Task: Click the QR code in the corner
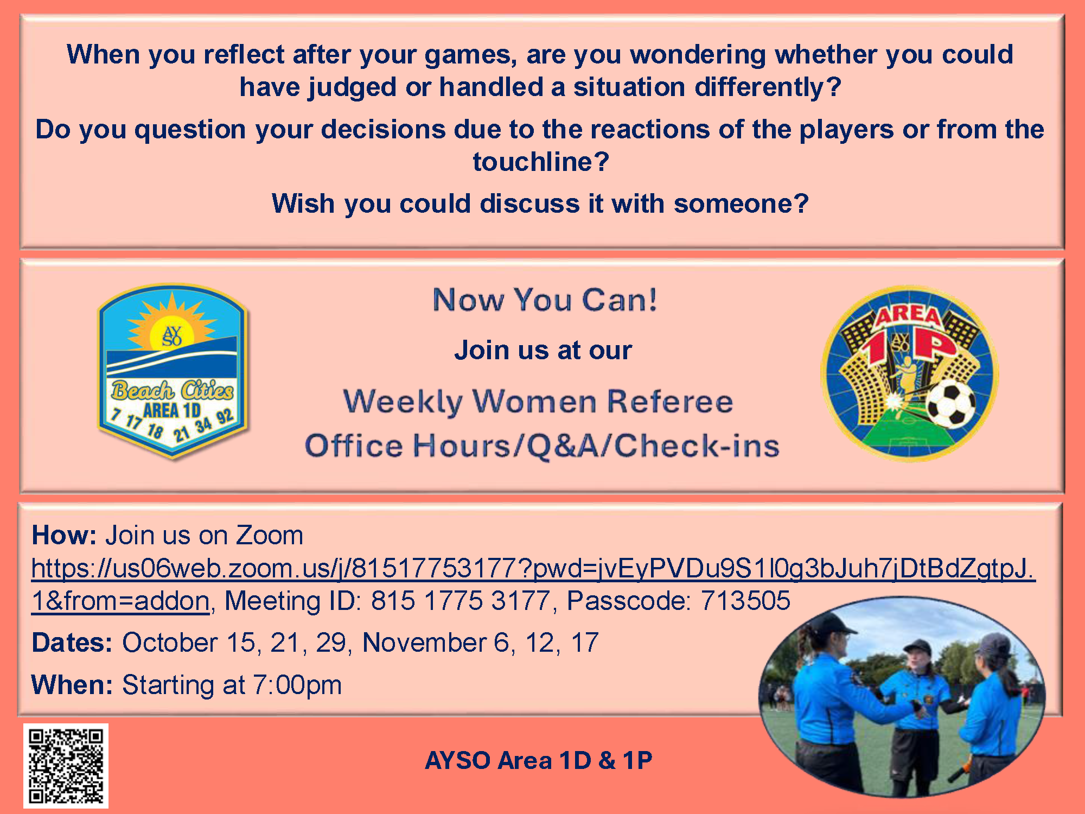(66, 766)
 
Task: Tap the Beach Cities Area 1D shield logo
(173, 372)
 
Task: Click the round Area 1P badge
(909, 373)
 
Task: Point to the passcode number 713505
(745, 601)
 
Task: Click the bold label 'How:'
(64, 535)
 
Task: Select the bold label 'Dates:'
(72, 643)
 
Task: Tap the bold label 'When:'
(72, 685)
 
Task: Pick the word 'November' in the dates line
(424, 643)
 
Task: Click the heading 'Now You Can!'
(545, 300)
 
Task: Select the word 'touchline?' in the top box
(541, 161)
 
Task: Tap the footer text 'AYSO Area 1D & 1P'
(539, 760)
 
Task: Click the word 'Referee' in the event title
(670, 402)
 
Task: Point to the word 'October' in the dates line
(170, 643)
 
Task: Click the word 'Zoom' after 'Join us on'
(269, 535)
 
